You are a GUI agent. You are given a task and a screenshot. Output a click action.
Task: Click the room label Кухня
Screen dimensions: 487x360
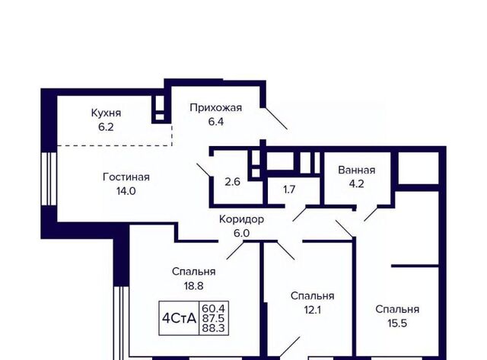(106, 113)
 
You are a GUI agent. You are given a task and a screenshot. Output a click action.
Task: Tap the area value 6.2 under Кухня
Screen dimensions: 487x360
(106, 127)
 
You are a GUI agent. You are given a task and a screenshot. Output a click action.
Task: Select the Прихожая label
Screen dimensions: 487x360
(216, 108)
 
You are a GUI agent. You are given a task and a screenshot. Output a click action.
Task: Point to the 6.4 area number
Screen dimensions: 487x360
(216, 122)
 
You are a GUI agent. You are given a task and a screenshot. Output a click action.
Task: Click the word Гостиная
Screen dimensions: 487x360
(126, 177)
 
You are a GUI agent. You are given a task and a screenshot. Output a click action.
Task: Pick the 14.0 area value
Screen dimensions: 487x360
(126, 191)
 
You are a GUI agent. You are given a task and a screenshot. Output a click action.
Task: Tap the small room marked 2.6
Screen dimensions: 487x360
(233, 181)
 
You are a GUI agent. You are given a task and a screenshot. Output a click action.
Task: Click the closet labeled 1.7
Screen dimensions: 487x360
(289, 190)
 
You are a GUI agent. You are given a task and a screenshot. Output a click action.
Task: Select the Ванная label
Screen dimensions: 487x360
(357, 170)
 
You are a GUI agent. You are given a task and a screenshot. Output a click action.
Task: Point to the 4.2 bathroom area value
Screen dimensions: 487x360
(357, 184)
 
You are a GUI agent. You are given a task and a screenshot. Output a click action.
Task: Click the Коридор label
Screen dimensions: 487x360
(242, 219)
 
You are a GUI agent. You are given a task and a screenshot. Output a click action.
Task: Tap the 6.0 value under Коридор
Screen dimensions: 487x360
(242, 233)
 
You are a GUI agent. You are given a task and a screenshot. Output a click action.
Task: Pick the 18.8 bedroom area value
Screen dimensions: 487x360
(194, 285)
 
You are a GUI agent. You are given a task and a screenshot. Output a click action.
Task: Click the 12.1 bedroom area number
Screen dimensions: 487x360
(313, 310)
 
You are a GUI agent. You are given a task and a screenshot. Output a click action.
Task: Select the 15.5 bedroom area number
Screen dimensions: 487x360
(397, 323)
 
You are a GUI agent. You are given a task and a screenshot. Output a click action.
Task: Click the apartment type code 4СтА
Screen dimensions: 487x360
(180, 318)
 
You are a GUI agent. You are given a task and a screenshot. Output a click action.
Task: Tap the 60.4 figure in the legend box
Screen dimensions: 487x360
(213, 308)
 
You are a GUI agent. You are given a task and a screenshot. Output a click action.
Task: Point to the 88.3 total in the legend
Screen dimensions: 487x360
(213, 328)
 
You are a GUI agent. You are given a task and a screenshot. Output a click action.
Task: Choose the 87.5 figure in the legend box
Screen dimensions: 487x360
(213, 318)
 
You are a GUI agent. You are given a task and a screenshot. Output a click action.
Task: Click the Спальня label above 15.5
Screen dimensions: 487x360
(397, 309)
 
